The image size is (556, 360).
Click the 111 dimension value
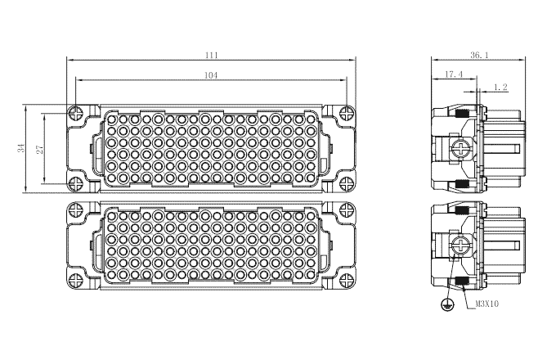point(211,55)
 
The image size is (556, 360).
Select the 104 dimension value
point(211,75)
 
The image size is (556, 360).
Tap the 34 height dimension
point(22,148)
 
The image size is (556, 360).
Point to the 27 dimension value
point(40,149)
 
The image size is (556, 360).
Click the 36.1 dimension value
point(479,55)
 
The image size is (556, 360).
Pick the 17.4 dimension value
point(454,74)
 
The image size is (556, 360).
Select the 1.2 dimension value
point(500,87)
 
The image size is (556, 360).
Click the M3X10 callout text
point(486,304)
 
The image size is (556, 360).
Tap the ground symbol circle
point(447,304)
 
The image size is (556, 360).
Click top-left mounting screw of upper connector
point(76,114)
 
